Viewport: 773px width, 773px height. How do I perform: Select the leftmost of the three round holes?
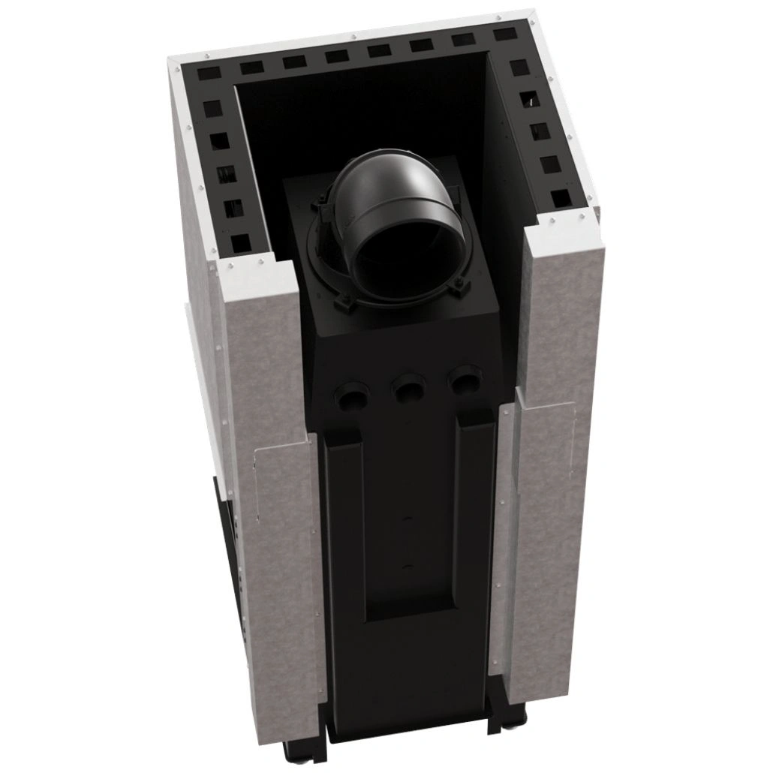tap(353, 394)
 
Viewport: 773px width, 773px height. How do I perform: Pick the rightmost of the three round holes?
tap(466, 380)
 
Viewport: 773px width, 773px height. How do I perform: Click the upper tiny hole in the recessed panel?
tap(409, 518)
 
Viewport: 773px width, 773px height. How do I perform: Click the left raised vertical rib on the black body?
tap(344, 525)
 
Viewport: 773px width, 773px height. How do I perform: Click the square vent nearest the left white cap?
tap(240, 242)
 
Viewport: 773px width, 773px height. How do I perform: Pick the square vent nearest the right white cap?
tap(560, 198)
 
